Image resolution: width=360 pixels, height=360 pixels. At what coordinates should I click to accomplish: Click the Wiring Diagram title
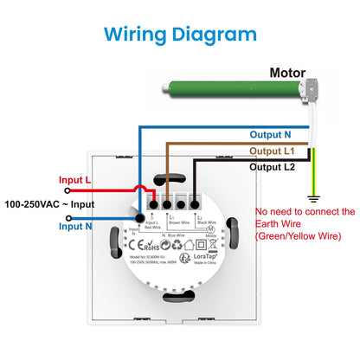click(180, 35)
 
